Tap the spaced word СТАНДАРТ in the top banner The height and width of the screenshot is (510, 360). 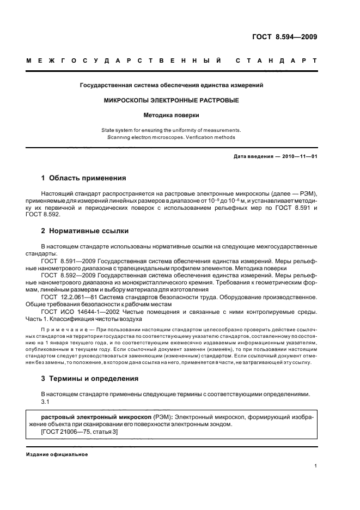[276, 61]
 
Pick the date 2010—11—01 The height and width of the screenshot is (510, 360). [298, 157]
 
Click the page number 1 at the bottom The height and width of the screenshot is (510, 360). [316, 466]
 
